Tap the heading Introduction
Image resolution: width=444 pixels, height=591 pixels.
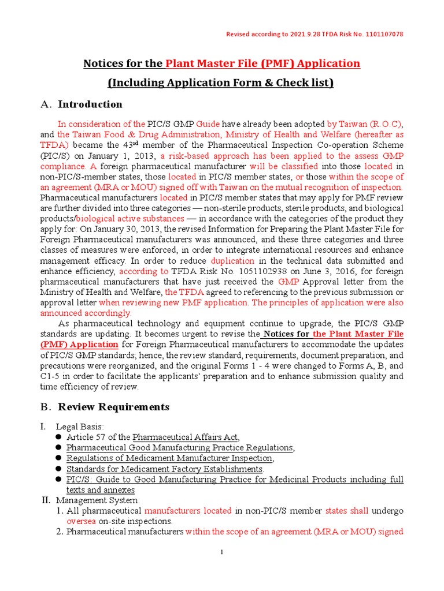[90, 104]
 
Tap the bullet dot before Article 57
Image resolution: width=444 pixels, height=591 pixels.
[58, 437]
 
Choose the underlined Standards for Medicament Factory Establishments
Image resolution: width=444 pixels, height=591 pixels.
[165, 469]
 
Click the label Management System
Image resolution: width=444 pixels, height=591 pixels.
[97, 500]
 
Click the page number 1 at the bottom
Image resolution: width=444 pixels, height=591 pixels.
[222, 553]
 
